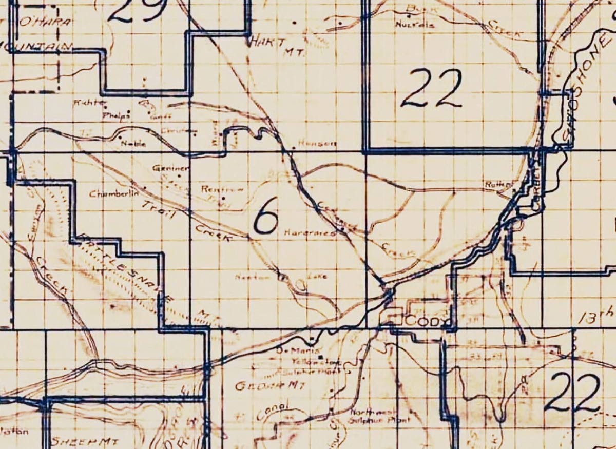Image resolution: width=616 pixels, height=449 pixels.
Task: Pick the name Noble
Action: point(133,144)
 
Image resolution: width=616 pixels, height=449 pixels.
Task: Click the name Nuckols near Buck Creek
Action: point(415,25)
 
